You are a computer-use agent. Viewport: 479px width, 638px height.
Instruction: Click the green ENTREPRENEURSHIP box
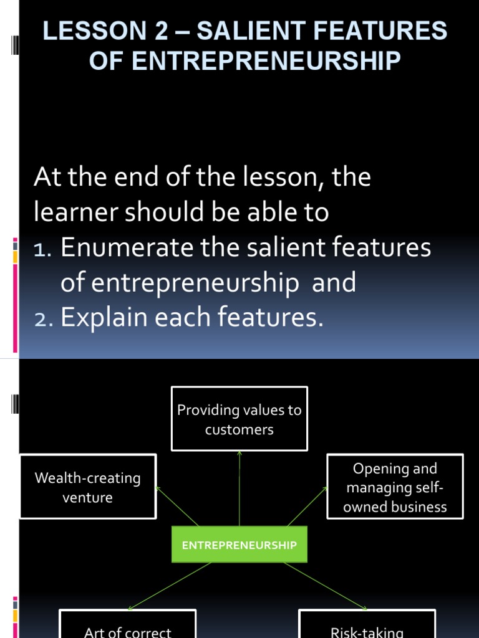click(239, 545)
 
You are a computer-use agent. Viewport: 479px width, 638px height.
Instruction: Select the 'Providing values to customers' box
click(239, 419)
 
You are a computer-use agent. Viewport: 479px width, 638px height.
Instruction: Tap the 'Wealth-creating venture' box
click(88, 487)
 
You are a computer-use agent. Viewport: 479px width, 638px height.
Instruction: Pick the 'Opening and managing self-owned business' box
click(395, 487)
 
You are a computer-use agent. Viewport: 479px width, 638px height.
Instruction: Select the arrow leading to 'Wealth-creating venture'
click(178, 507)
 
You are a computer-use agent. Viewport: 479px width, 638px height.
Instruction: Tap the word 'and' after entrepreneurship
click(334, 283)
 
